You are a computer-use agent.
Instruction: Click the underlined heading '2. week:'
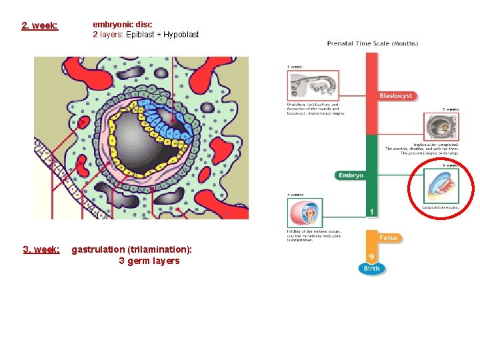39,26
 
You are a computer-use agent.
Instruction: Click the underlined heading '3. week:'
41,249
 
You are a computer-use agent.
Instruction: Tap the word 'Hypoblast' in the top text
179,34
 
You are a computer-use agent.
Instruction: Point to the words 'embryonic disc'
122,24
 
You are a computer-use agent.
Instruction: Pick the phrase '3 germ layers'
149,261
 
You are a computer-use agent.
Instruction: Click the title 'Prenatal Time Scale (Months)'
372,44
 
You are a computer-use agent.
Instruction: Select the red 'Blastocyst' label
396,96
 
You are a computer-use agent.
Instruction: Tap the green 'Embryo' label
351,175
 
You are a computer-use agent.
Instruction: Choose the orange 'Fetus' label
388,237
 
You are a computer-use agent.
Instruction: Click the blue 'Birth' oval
372,268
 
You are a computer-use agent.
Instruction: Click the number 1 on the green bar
371,211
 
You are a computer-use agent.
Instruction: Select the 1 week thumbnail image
305,86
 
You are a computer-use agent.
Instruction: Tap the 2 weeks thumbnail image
441,127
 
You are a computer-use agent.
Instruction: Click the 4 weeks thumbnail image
305,213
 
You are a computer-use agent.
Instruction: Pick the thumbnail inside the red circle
442,185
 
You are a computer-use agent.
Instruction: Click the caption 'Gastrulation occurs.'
441,207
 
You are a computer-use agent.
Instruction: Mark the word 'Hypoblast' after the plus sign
179,34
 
